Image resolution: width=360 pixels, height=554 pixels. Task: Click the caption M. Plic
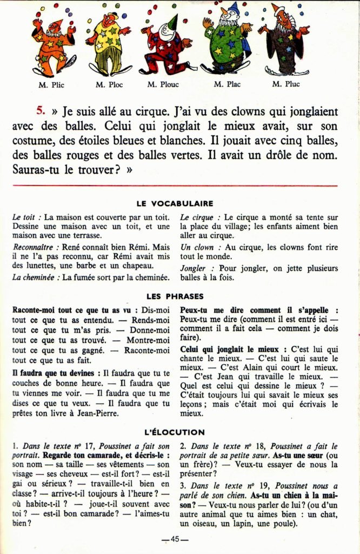pos(51,84)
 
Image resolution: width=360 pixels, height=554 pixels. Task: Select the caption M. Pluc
pos(286,84)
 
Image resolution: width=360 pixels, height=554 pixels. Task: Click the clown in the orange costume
pos(54,46)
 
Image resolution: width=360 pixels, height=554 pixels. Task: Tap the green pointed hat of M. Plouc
pos(172,23)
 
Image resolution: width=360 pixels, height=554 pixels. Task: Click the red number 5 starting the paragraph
pos(41,111)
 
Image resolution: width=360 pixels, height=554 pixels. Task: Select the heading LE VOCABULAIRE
pos(175,203)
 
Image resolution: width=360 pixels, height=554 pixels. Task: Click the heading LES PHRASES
pos(175,296)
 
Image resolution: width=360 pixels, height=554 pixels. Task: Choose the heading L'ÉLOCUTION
pos(175,432)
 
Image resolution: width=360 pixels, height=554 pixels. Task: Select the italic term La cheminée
pos(35,277)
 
